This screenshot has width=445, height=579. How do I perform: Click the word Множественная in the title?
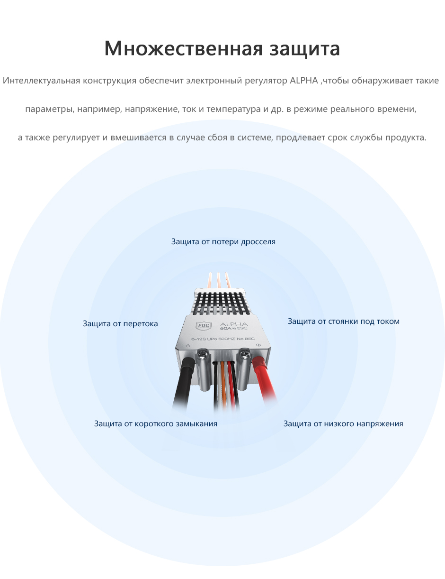[x=183, y=48]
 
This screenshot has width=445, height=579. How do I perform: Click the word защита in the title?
[x=305, y=49]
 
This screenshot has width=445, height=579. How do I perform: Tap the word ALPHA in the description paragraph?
[x=304, y=80]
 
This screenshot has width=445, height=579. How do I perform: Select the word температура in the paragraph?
[x=233, y=109]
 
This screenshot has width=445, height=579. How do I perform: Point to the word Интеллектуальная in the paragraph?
[x=42, y=81]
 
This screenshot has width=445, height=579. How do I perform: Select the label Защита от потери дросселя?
[x=223, y=242]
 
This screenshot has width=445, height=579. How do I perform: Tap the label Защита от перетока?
[x=120, y=323]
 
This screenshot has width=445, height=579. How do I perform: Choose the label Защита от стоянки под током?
[x=343, y=322]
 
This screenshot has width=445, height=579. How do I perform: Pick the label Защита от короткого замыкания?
[x=156, y=423]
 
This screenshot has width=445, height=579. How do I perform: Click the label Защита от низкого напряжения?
[x=343, y=423]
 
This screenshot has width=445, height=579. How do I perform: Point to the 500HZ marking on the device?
[x=229, y=339]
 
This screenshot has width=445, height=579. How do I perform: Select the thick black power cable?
[x=184, y=381]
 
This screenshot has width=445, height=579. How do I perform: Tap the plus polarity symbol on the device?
[x=258, y=345]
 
